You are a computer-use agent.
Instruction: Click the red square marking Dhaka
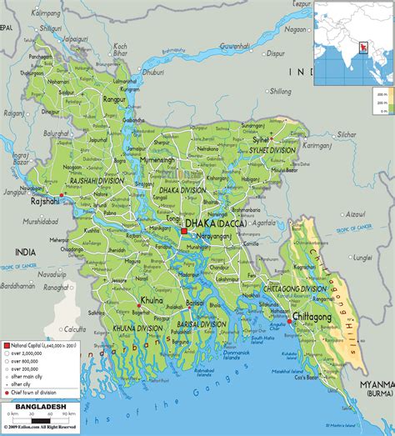[x=183, y=231]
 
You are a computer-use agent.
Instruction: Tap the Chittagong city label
[x=312, y=318]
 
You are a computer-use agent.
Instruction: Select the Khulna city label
[x=152, y=299]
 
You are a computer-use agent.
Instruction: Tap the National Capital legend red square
[x=7, y=321]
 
